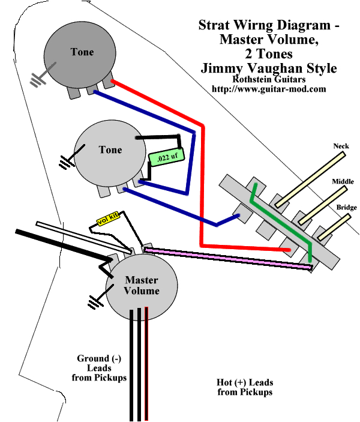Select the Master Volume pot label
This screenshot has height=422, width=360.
pos(142,286)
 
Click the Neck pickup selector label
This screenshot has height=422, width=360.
pos(341,146)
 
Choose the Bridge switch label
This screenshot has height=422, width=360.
pos(346,207)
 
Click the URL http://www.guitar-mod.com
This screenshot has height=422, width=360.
pos(269,89)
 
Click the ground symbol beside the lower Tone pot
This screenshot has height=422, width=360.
pos(64,162)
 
